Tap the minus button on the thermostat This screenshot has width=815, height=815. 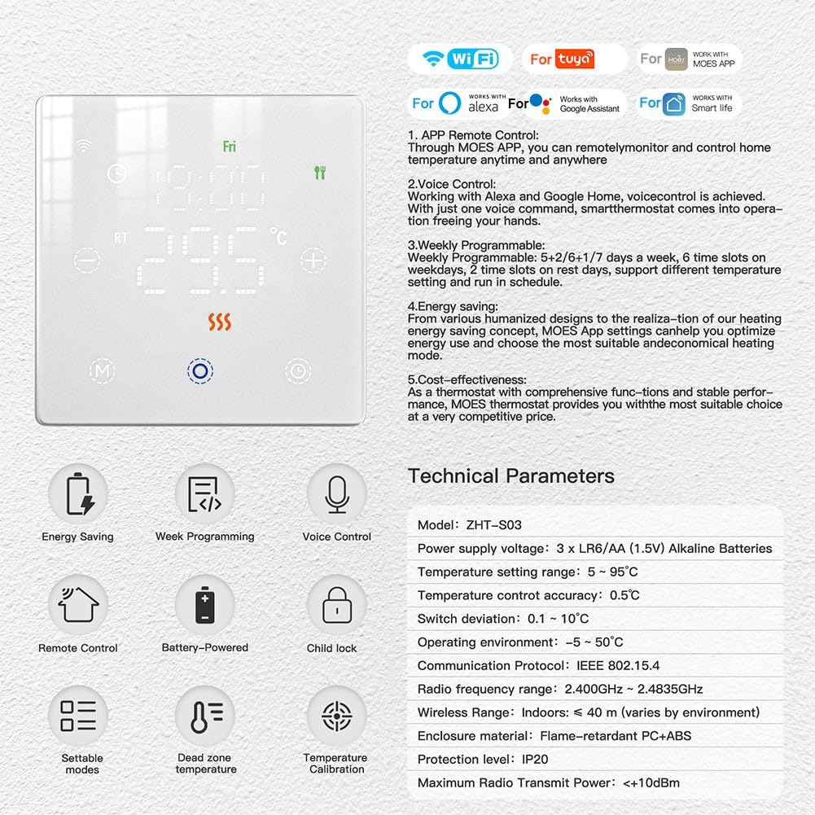tap(87, 260)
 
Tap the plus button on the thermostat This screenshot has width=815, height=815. tap(313, 260)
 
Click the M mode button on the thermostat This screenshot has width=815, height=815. tap(102, 371)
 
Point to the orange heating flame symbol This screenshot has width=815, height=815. tap(219, 322)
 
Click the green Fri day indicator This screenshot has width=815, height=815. tap(230, 147)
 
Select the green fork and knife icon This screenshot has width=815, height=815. tap(320, 173)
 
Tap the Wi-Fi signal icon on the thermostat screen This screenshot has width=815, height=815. tap(83, 145)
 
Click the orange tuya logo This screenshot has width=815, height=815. tap(574, 59)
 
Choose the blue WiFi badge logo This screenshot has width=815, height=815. tap(473, 59)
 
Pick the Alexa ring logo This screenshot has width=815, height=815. tap(449, 103)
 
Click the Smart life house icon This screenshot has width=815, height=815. tap(674, 103)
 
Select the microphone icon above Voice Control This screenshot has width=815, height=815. tap(337, 494)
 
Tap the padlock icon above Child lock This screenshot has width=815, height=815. tap(337, 605)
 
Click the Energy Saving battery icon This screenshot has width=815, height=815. tap(80, 493)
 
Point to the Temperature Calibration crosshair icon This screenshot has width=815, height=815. tap(337, 716)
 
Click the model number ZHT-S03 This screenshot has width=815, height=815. tap(493, 525)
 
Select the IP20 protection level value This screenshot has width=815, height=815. tap(535, 760)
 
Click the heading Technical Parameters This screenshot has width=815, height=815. tap(511, 476)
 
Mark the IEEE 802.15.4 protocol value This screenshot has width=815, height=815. tap(618, 666)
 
